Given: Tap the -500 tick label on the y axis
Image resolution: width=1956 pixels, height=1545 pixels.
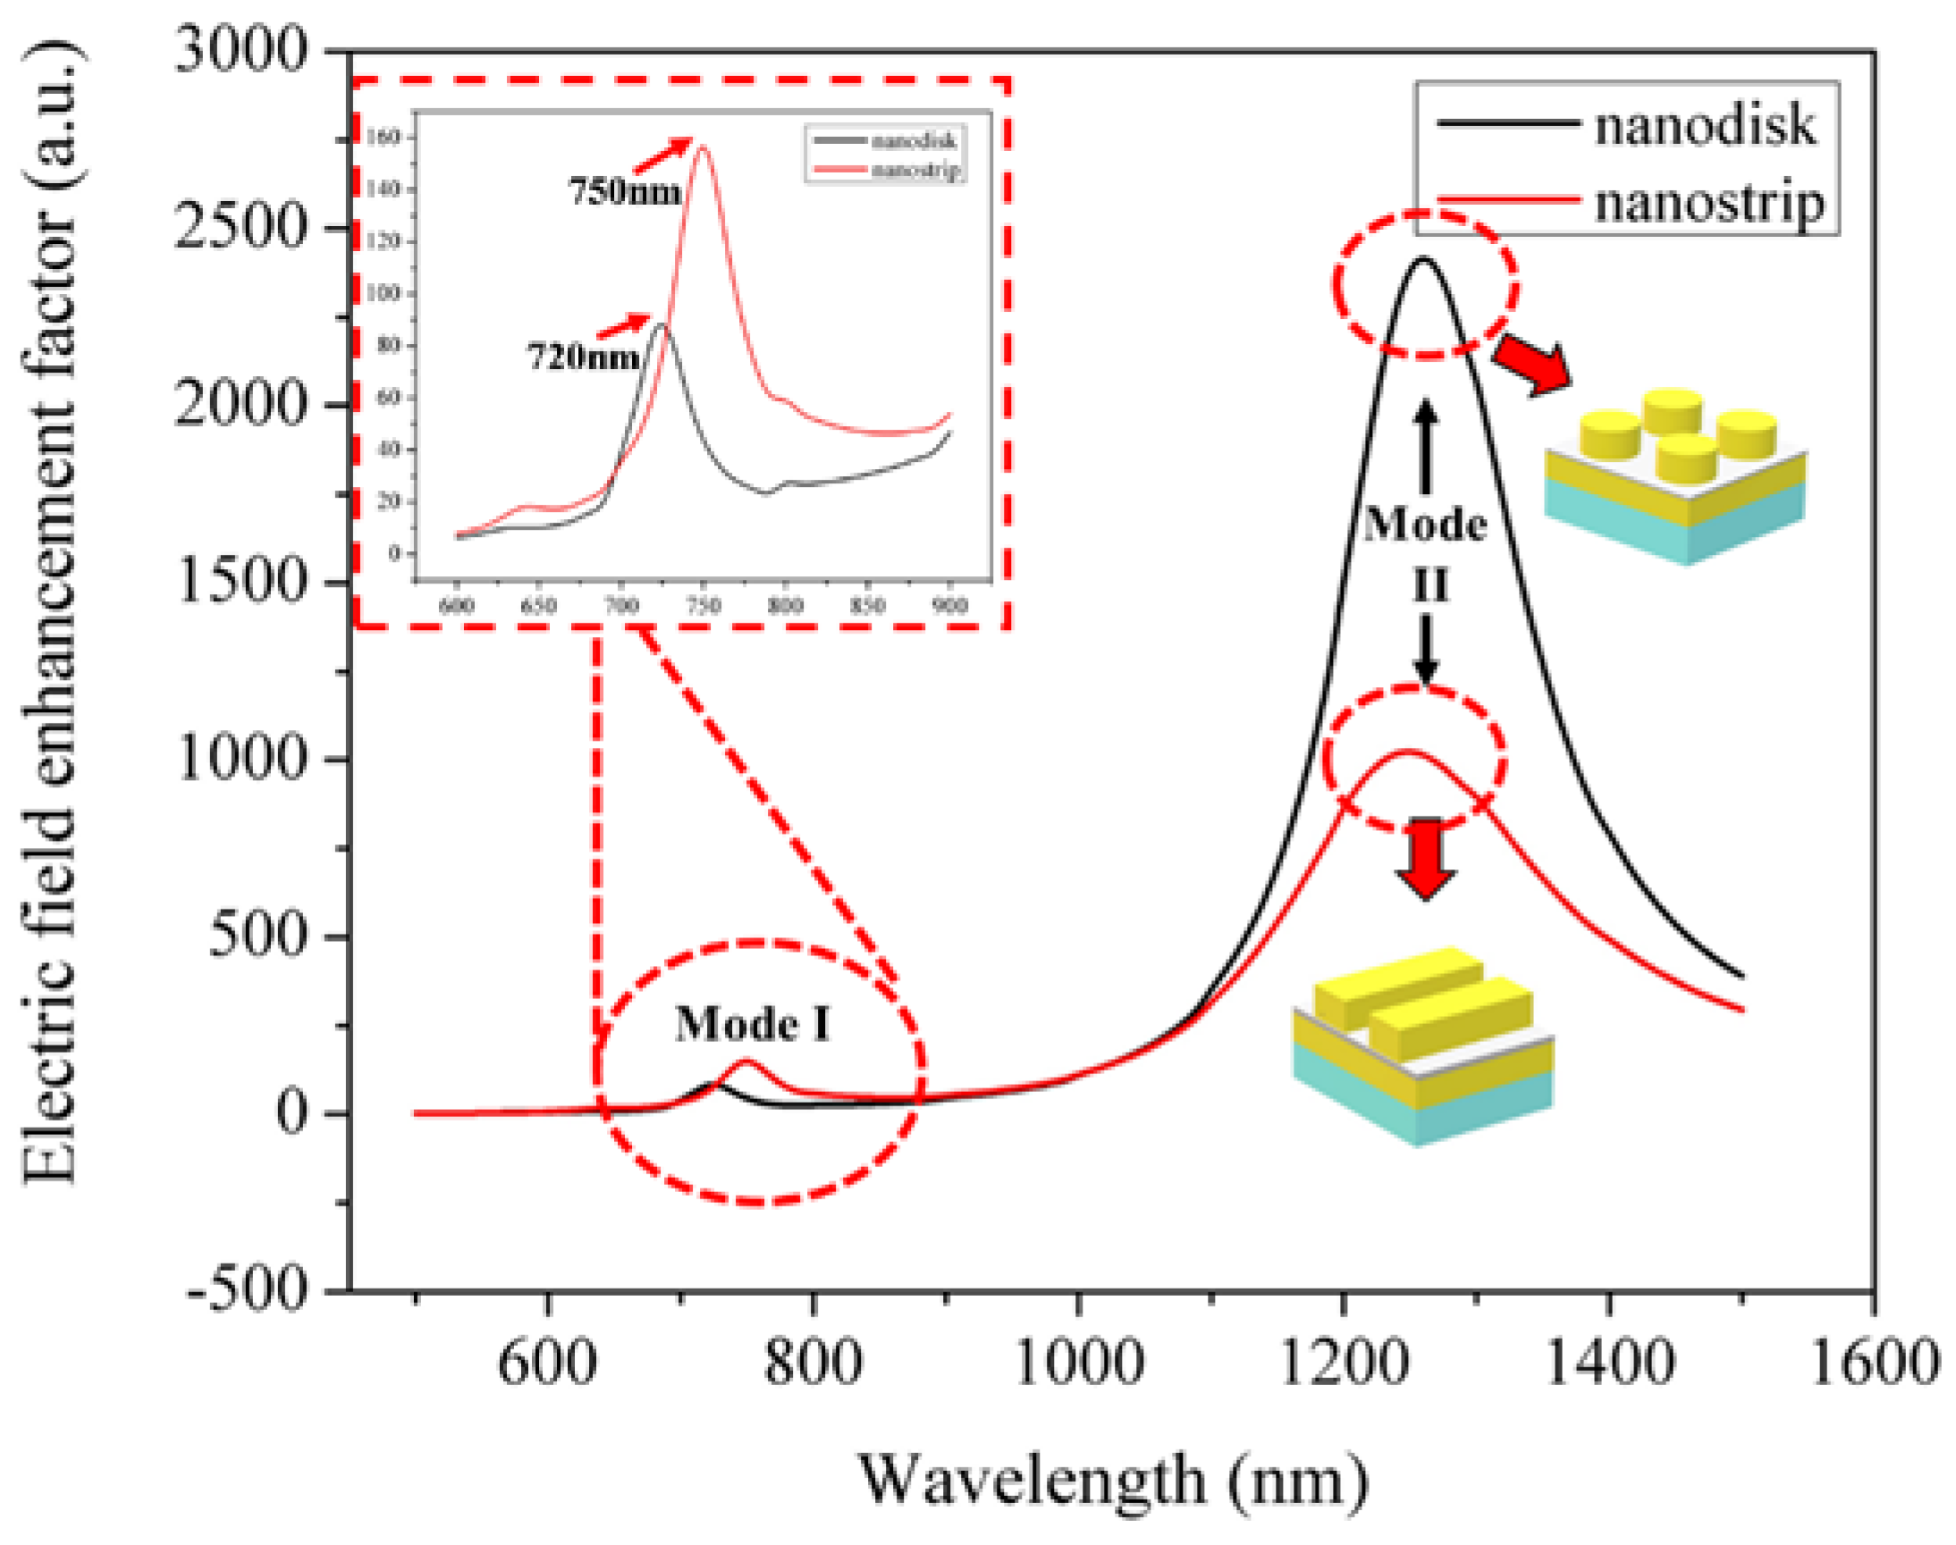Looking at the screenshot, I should click(x=247, y=1289).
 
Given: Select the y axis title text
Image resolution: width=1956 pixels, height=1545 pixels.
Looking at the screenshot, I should click(x=52, y=615).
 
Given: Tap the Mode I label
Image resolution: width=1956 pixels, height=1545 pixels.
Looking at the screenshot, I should click(x=753, y=1025).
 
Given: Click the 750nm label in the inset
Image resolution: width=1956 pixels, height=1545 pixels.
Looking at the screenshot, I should click(x=624, y=192).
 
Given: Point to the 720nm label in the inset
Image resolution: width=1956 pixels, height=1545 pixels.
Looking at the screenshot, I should click(x=584, y=357).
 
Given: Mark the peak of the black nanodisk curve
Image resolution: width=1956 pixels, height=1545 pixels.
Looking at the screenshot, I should click(x=1423, y=260).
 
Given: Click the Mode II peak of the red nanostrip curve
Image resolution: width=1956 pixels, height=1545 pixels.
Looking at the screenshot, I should click(x=1407, y=752).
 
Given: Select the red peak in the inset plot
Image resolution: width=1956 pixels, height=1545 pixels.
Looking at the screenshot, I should click(x=702, y=147).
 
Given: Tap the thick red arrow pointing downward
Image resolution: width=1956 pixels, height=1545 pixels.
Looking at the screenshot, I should click(x=1426, y=857).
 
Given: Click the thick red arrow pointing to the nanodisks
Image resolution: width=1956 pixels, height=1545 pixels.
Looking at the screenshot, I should click(x=1532, y=364).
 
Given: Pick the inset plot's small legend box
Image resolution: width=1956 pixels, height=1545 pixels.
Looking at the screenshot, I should click(x=885, y=155).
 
